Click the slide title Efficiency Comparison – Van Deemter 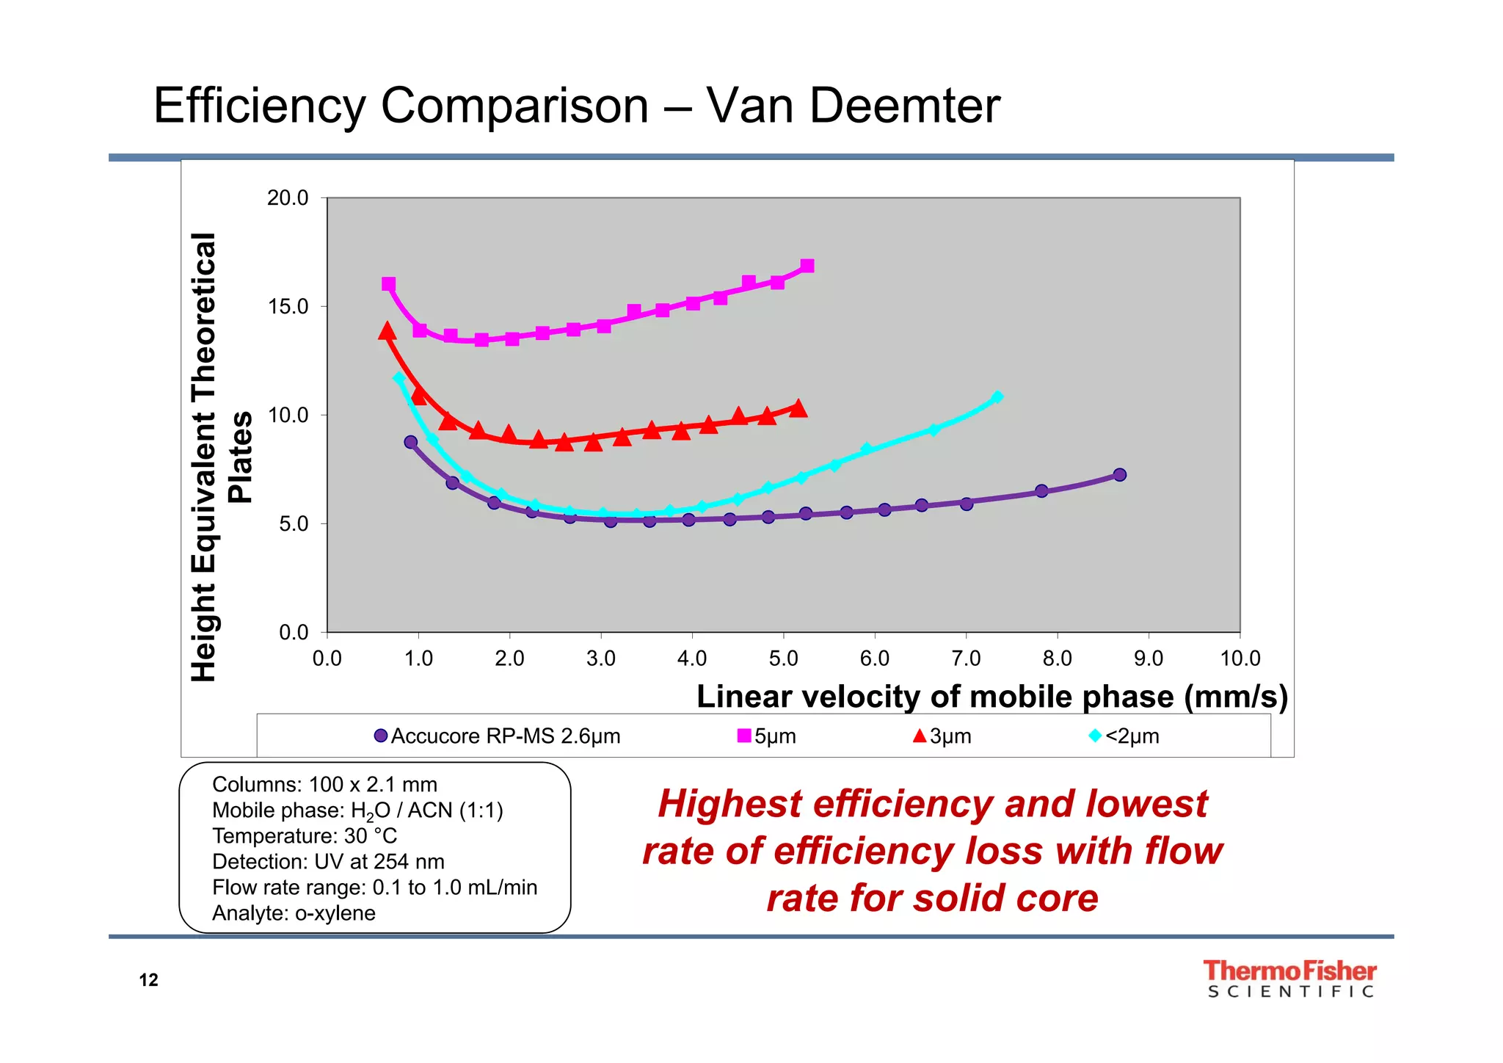(576, 106)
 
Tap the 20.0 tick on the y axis (288, 198)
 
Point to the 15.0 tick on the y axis (288, 307)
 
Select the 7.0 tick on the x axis (966, 659)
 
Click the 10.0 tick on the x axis (1240, 659)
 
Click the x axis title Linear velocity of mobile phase (991, 697)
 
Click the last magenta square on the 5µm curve (807, 266)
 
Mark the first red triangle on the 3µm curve (387, 332)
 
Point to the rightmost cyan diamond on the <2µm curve (997, 397)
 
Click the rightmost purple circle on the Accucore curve (1119, 475)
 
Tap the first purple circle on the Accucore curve (411, 442)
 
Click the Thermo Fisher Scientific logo (1289, 979)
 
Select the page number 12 (148, 980)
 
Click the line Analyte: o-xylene (294, 913)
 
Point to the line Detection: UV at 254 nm (328, 862)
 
